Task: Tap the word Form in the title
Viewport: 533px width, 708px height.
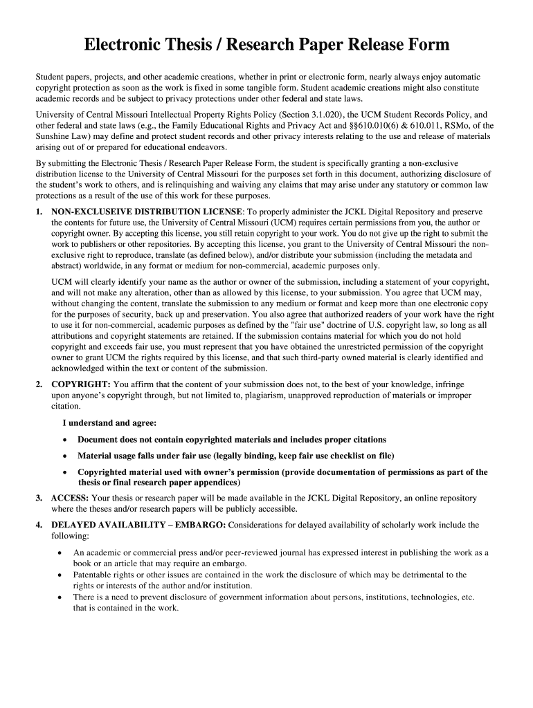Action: click(x=428, y=46)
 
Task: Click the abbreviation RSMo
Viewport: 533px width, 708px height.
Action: click(x=456, y=125)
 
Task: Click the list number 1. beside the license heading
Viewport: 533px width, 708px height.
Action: click(x=39, y=211)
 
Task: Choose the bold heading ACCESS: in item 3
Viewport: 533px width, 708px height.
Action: click(x=70, y=498)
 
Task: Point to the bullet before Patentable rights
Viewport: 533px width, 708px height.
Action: click(x=62, y=575)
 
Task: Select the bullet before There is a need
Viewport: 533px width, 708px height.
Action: click(x=62, y=597)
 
